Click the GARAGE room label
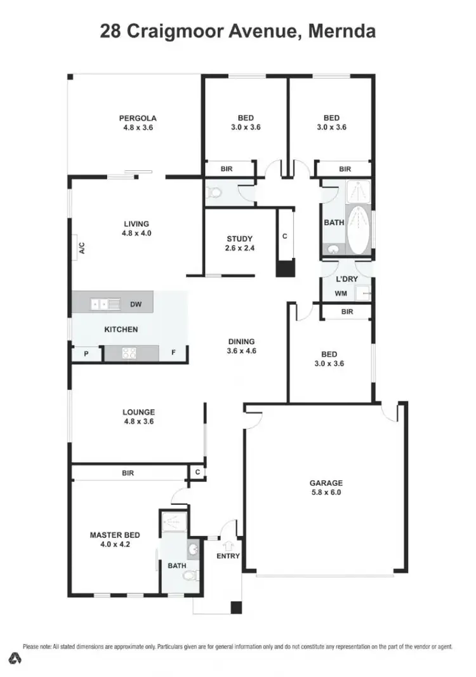click(326, 483)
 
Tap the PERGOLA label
click(138, 118)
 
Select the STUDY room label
click(240, 239)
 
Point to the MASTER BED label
click(114, 535)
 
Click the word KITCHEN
click(121, 330)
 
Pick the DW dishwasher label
click(136, 305)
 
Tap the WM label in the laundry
click(340, 293)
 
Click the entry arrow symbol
click(228, 544)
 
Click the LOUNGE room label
click(138, 412)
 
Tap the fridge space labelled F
click(173, 353)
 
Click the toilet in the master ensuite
click(188, 576)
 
